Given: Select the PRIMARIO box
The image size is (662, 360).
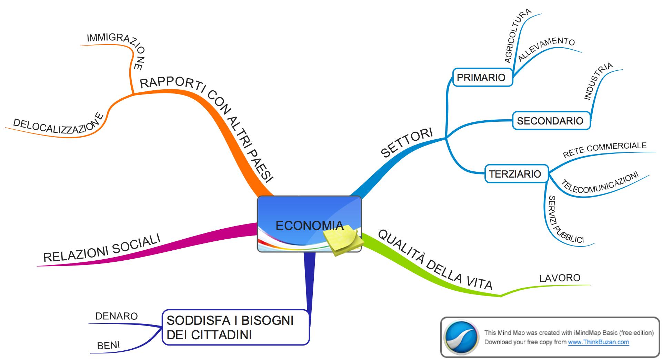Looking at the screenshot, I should pyautogui.click(x=482, y=77).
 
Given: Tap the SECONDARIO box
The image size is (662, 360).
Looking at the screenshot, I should pyautogui.click(x=551, y=121).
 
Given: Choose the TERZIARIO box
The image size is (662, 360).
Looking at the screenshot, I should pyautogui.click(x=516, y=174).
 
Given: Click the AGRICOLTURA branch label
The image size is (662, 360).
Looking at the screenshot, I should pyautogui.click(x=517, y=36).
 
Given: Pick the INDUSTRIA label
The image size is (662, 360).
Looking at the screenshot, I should pyautogui.click(x=598, y=81).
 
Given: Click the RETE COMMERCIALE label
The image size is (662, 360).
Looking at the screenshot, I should pyautogui.click(x=604, y=150).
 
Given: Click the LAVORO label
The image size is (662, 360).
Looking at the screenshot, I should pyautogui.click(x=560, y=278).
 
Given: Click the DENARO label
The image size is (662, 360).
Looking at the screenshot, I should pyautogui.click(x=117, y=316).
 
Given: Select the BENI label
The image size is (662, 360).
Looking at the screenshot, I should pyautogui.click(x=108, y=346).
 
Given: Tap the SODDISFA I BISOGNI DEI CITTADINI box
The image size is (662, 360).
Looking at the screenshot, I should pyautogui.click(x=235, y=327).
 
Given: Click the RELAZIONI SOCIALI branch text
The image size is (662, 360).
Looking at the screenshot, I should pyautogui.click(x=102, y=248).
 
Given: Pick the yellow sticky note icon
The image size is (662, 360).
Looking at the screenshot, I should pyautogui.click(x=342, y=240).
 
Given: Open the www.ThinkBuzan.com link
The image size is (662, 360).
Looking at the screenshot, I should pyautogui.click(x=598, y=342).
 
